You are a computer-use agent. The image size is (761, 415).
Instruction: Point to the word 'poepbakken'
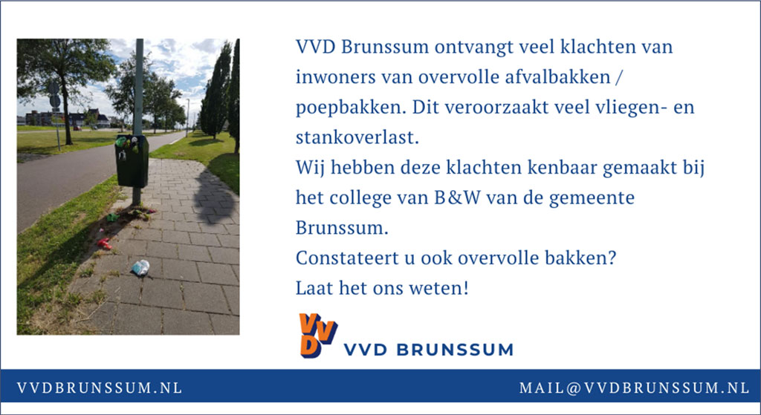pyautogui.click(x=351, y=108)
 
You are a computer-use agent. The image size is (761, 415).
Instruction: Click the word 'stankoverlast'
pyautogui.click(x=357, y=137)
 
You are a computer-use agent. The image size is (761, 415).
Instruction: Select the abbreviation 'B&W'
pyautogui.click(x=454, y=197)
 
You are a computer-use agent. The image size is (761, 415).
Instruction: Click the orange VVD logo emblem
pyautogui.click(x=318, y=336)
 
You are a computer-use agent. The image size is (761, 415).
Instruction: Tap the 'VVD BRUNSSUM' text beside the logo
pyautogui.click(x=428, y=350)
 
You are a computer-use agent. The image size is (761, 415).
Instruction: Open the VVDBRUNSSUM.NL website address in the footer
pyautogui.click(x=100, y=388)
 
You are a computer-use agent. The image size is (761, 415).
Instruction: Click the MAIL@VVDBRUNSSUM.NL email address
pyautogui.click(x=635, y=388)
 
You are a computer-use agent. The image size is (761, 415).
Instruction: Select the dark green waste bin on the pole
pyautogui.click(x=132, y=161)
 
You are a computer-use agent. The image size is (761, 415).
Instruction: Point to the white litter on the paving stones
pyautogui.click(x=140, y=267)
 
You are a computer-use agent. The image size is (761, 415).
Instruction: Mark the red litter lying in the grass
pyautogui.click(x=104, y=244)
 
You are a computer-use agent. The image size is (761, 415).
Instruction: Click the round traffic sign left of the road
pyautogui.click(x=55, y=101)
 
